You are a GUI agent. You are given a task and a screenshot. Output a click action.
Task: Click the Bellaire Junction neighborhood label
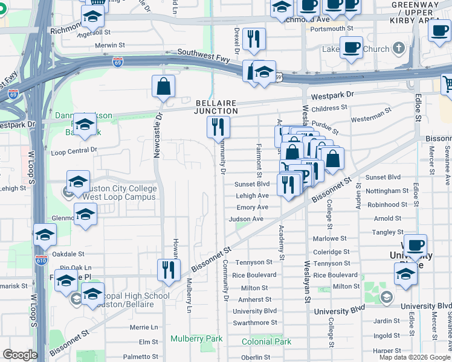click(216, 107)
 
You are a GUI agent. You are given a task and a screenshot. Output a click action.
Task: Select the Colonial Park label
click(266, 341)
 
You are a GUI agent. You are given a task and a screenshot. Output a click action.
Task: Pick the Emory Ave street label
click(252, 207)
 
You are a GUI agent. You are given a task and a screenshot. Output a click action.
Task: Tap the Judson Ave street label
click(246, 219)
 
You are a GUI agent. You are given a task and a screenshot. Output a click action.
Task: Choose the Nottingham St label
click(387, 191)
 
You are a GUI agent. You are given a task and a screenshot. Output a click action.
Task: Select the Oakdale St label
click(68, 254)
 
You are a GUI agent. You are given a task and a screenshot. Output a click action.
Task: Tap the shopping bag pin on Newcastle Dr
click(163, 87)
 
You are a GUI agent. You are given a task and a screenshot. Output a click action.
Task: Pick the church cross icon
click(398, 48)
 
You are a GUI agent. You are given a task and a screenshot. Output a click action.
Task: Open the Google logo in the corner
click(19, 355)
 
